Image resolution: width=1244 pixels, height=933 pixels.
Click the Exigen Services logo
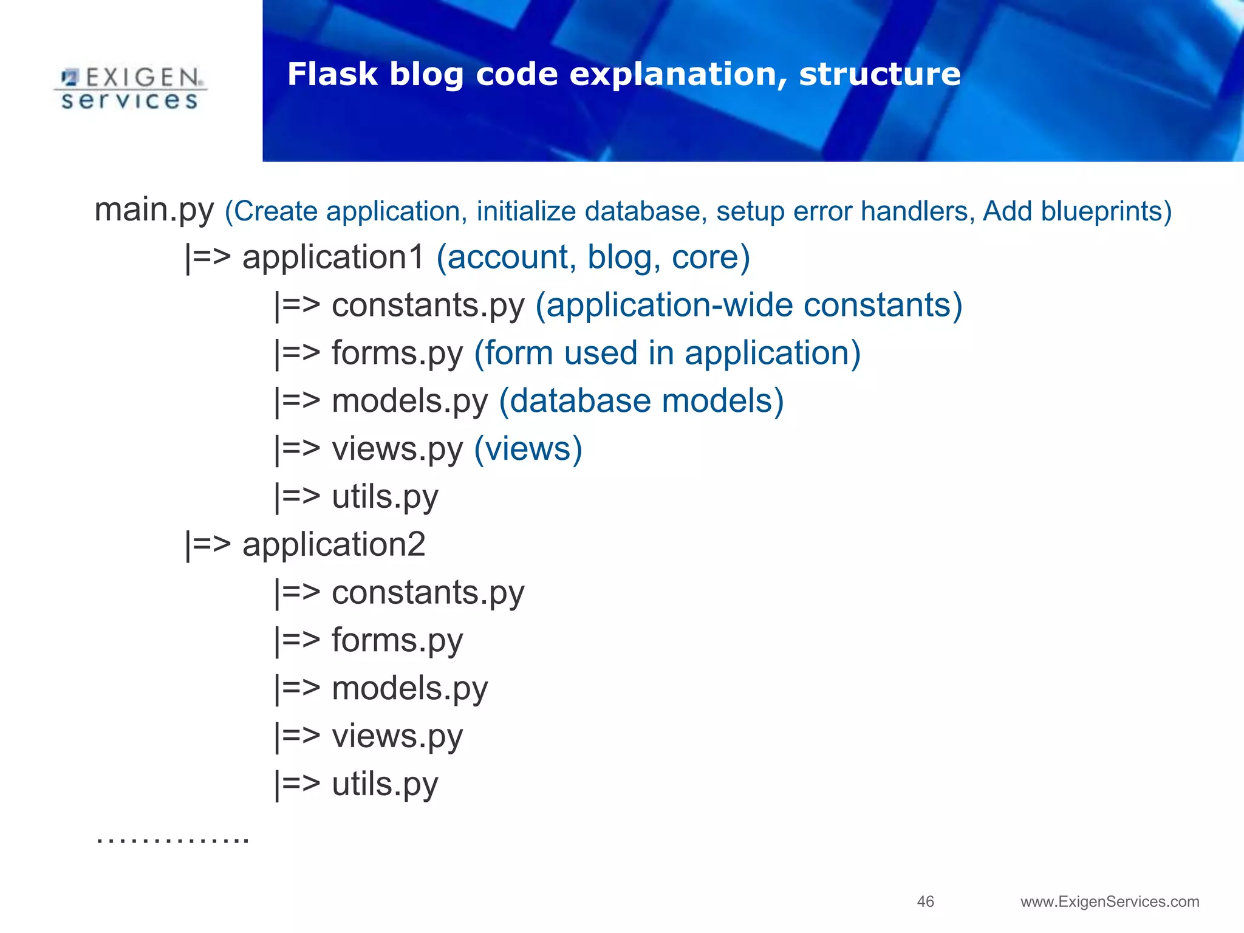[x=130, y=89]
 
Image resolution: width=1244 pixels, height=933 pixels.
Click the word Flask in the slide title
[x=332, y=74]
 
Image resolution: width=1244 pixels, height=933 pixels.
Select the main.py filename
[x=154, y=210]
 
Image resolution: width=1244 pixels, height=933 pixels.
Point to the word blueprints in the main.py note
[x=1106, y=211]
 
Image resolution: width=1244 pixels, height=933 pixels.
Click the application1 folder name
[x=333, y=258]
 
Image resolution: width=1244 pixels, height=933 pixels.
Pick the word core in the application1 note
[x=709, y=258]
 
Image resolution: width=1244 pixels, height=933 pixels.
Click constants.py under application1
[x=428, y=306]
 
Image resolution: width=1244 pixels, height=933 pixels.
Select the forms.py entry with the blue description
[x=397, y=354]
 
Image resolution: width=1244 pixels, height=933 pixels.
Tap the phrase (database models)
[x=641, y=402]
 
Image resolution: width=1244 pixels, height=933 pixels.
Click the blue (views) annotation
[x=528, y=449]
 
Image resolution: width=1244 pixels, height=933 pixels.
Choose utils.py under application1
[x=384, y=497]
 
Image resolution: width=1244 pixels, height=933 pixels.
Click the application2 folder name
[x=333, y=545]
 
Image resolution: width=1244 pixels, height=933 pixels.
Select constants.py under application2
[x=428, y=593]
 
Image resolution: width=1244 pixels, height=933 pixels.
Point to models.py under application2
[x=409, y=689]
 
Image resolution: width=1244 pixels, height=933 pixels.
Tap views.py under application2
[x=397, y=737]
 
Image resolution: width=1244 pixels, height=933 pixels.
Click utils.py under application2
[x=384, y=785]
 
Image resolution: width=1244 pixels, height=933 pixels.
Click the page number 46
[x=925, y=901]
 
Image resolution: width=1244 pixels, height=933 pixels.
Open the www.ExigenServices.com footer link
[x=1110, y=902]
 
